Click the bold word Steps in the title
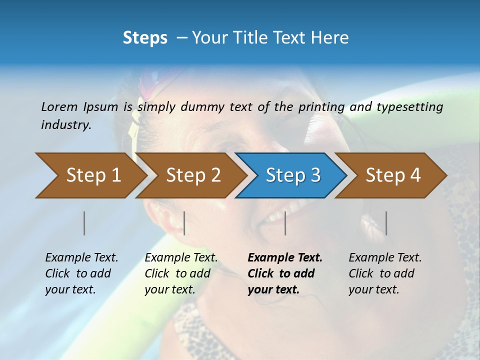tap(145, 38)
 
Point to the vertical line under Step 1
tap(84, 223)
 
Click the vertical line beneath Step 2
tap(184, 223)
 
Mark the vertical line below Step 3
tap(285, 223)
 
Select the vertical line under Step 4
tap(386, 223)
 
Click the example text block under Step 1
tap(81, 273)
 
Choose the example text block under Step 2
tap(181, 273)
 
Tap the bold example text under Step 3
tap(285, 273)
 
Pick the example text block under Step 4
tap(385, 273)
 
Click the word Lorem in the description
tap(59, 106)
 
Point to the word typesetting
tap(409, 106)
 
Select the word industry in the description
tap(66, 125)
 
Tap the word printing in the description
tap(321, 106)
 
